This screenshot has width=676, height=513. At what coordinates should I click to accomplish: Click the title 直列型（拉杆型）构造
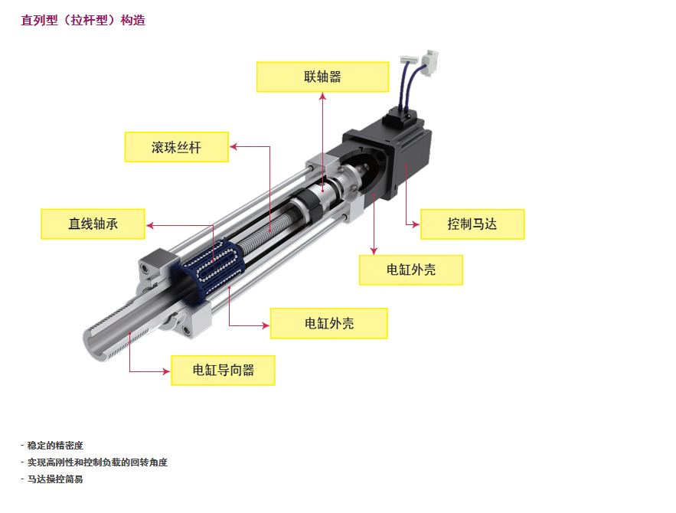pyautogui.click(x=83, y=20)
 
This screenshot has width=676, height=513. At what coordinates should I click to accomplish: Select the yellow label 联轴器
pyautogui.click(x=322, y=77)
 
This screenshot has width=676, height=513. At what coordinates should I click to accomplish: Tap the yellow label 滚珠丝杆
pyautogui.click(x=176, y=147)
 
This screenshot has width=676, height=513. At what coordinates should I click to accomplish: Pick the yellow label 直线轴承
pyautogui.click(x=93, y=224)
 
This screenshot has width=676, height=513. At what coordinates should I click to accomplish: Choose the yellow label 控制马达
pyautogui.click(x=472, y=224)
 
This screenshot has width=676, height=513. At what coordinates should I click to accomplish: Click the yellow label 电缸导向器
pyautogui.click(x=223, y=371)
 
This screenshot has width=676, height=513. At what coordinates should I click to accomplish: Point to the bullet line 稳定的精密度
pyautogui.click(x=52, y=446)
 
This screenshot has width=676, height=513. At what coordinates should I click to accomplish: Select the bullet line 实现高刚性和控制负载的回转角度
pyautogui.click(x=94, y=462)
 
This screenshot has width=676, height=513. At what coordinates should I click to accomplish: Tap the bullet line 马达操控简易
pyautogui.click(x=52, y=479)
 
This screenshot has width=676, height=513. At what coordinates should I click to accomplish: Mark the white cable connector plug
pyautogui.click(x=429, y=63)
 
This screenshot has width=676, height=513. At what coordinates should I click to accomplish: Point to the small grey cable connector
pyautogui.click(x=409, y=60)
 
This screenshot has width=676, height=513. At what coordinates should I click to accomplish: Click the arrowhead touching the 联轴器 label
pyautogui.click(x=322, y=96)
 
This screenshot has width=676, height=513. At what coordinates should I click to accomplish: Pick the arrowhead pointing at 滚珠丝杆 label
pyautogui.click(x=233, y=146)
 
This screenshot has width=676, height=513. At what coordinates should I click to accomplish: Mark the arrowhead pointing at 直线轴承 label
pyautogui.click(x=150, y=225)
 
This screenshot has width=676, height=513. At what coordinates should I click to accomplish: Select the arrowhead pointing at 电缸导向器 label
pyautogui.click(x=166, y=371)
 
